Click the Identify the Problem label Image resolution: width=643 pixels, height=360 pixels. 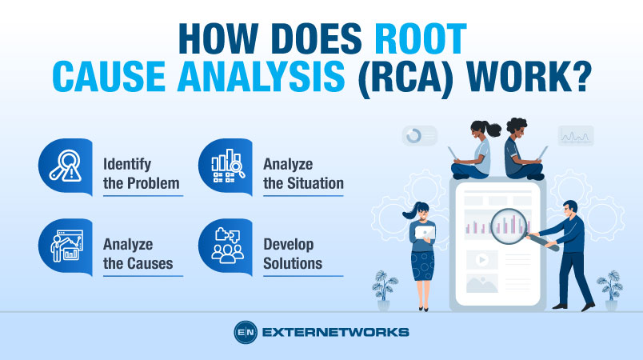pyautogui.click(x=141, y=174)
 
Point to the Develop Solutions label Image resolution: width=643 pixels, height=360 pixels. pyautogui.click(x=293, y=254)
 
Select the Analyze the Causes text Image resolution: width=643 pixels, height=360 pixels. pyautogui.click(x=138, y=254)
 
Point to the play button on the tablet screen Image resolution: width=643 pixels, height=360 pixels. pyautogui.click(x=482, y=259)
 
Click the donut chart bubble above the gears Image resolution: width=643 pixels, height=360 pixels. pyautogui.click(x=419, y=136)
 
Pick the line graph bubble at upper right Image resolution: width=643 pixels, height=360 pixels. pyautogui.click(x=575, y=135)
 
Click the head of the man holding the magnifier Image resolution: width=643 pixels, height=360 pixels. pyautogui.click(x=569, y=209)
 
